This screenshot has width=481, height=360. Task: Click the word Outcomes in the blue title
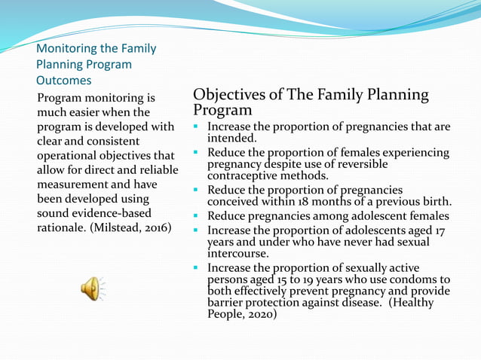click(x=64, y=80)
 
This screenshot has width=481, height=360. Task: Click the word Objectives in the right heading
click(x=226, y=96)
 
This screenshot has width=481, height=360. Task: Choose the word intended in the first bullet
click(x=231, y=139)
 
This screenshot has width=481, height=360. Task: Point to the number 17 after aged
click(x=443, y=230)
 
